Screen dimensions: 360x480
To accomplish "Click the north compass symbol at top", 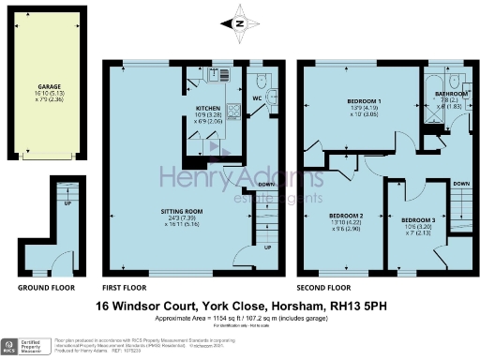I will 240,22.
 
